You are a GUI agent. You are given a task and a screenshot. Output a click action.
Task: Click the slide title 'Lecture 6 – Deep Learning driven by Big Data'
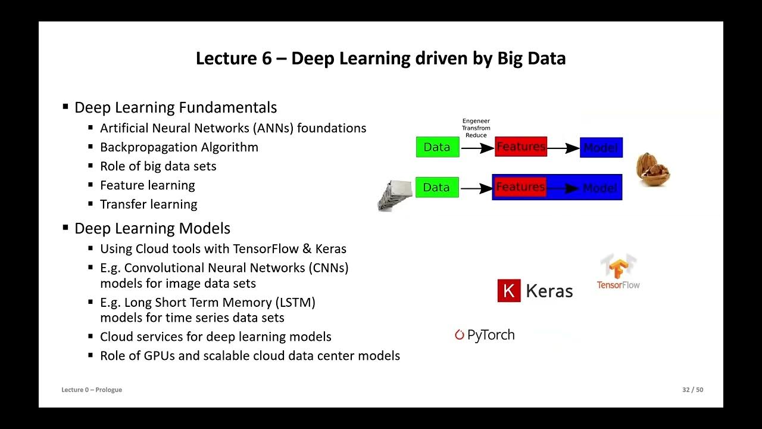click(x=380, y=58)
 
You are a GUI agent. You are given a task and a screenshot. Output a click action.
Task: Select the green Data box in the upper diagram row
click(x=438, y=147)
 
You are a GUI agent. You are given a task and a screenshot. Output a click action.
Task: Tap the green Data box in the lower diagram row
click(x=437, y=187)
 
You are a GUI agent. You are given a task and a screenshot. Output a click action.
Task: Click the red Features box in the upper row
click(x=520, y=147)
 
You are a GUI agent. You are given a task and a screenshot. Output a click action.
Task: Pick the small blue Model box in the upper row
click(x=601, y=148)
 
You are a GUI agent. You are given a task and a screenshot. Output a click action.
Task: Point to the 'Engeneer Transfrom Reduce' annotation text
click(x=476, y=128)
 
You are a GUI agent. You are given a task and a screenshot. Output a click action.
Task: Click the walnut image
click(x=652, y=170)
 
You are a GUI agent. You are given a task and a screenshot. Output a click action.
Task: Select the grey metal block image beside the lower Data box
click(x=395, y=195)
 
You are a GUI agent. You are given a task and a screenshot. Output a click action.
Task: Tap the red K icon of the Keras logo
click(x=508, y=291)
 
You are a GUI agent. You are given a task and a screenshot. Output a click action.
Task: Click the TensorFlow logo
click(x=618, y=272)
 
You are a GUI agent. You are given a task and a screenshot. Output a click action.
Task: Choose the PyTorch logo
click(x=485, y=335)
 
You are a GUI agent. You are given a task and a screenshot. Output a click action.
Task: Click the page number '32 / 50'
click(x=692, y=390)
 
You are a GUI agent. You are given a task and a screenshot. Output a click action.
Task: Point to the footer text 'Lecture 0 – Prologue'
click(x=92, y=390)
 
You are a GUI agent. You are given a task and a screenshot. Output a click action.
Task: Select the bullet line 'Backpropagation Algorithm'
click(x=179, y=147)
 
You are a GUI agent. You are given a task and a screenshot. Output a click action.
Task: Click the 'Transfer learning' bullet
click(x=148, y=204)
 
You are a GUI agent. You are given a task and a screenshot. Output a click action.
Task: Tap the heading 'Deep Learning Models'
click(x=152, y=228)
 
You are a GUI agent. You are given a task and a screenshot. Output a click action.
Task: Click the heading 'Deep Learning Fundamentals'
click(x=175, y=108)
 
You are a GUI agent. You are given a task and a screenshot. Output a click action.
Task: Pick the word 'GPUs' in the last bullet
click(x=159, y=356)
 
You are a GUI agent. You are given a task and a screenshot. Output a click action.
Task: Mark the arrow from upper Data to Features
click(x=477, y=148)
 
